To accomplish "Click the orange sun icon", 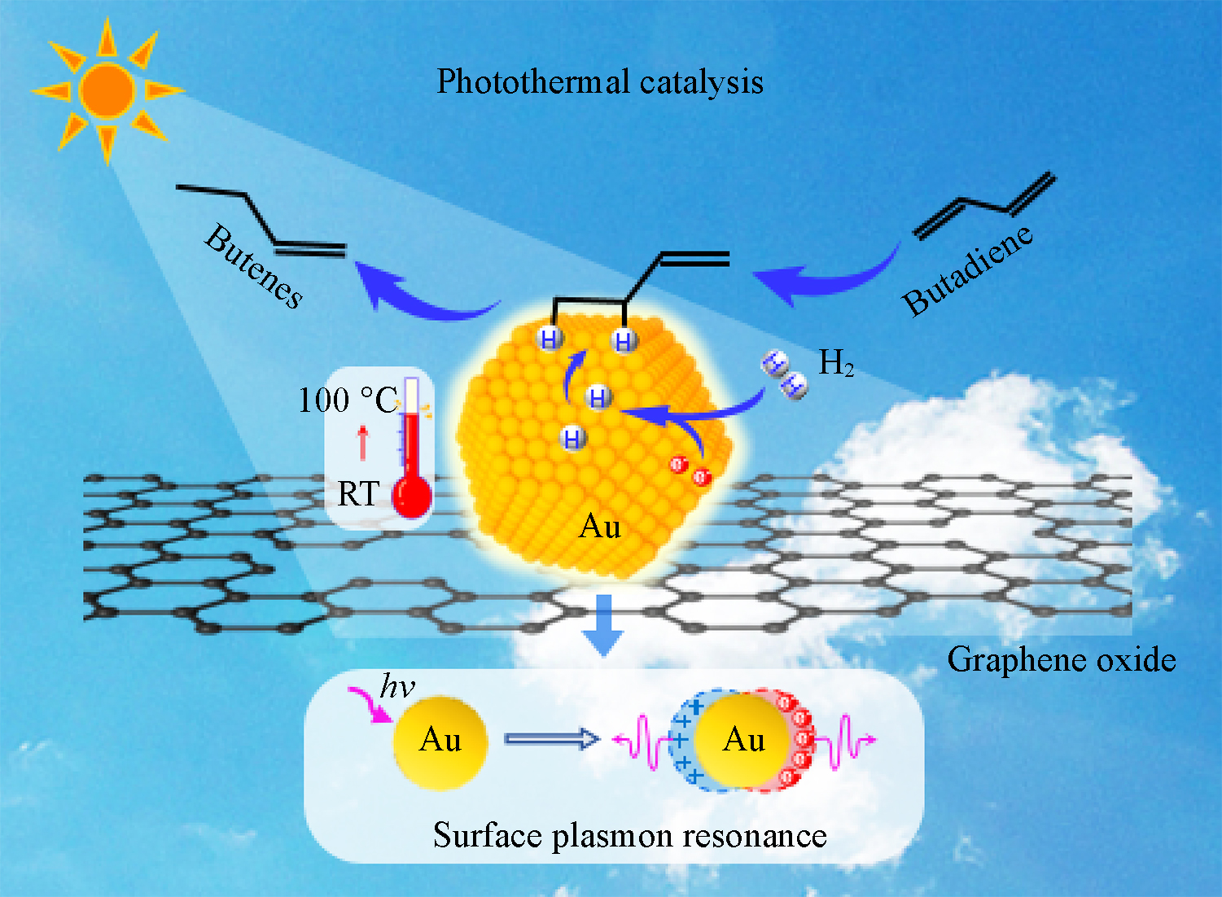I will [x=107, y=89].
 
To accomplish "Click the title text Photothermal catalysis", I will [x=600, y=82].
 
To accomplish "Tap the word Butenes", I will [x=253, y=266].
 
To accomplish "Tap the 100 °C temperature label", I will [x=347, y=400].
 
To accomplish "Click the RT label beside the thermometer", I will [x=358, y=494].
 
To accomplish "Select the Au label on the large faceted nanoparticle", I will [x=600, y=527].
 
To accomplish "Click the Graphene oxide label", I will [x=1061, y=659].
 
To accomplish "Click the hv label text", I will [x=397, y=687].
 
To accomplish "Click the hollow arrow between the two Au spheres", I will [x=552, y=739].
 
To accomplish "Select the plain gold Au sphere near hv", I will [x=440, y=741].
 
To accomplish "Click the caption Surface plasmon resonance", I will [x=629, y=835].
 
